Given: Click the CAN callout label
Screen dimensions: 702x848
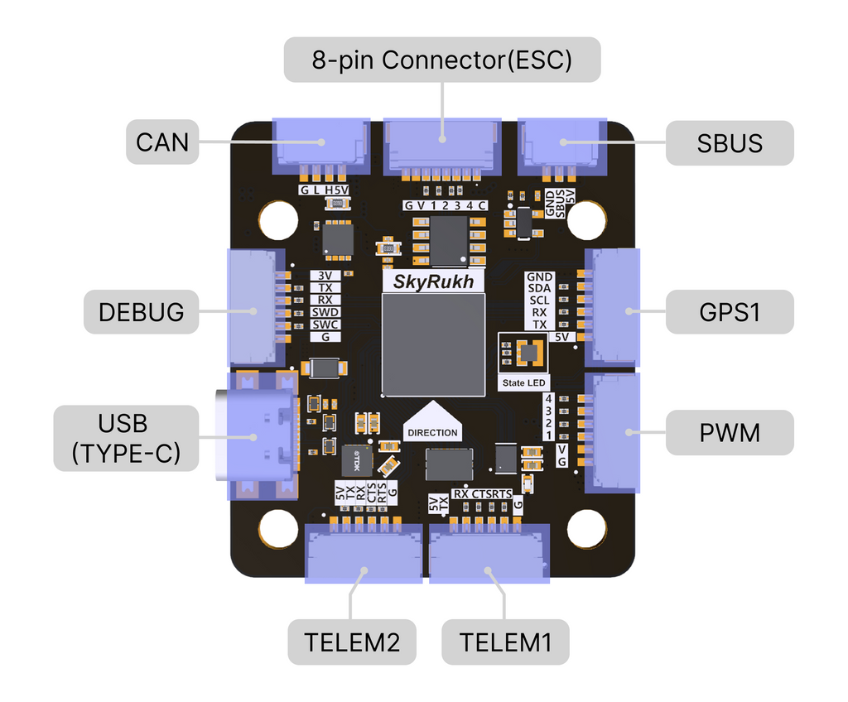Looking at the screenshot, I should [162, 142].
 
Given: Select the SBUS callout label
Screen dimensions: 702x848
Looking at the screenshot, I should [730, 142].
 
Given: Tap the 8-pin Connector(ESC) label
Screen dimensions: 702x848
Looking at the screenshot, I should [441, 60].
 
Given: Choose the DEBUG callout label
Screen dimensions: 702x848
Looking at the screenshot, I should [142, 312].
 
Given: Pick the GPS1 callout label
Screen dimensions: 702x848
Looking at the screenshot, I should [730, 312].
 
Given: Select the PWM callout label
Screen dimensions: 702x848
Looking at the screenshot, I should [730, 432].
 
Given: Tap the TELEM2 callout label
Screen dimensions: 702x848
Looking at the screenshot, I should [352, 642].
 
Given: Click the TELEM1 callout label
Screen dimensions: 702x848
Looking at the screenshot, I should [505, 642].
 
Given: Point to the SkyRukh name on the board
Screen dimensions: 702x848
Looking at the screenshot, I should [433, 281].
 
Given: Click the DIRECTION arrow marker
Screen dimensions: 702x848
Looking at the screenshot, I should [432, 423].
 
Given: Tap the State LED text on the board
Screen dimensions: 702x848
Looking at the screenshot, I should [524, 382].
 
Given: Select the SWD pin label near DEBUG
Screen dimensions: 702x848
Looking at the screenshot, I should [325, 312].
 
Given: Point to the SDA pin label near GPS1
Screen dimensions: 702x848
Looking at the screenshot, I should [539, 288].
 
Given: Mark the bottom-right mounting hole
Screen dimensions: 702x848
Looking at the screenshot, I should [587, 529].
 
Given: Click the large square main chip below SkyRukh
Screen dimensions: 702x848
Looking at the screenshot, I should [433, 344].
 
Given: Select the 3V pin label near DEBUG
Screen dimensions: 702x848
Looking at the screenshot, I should [325, 276].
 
